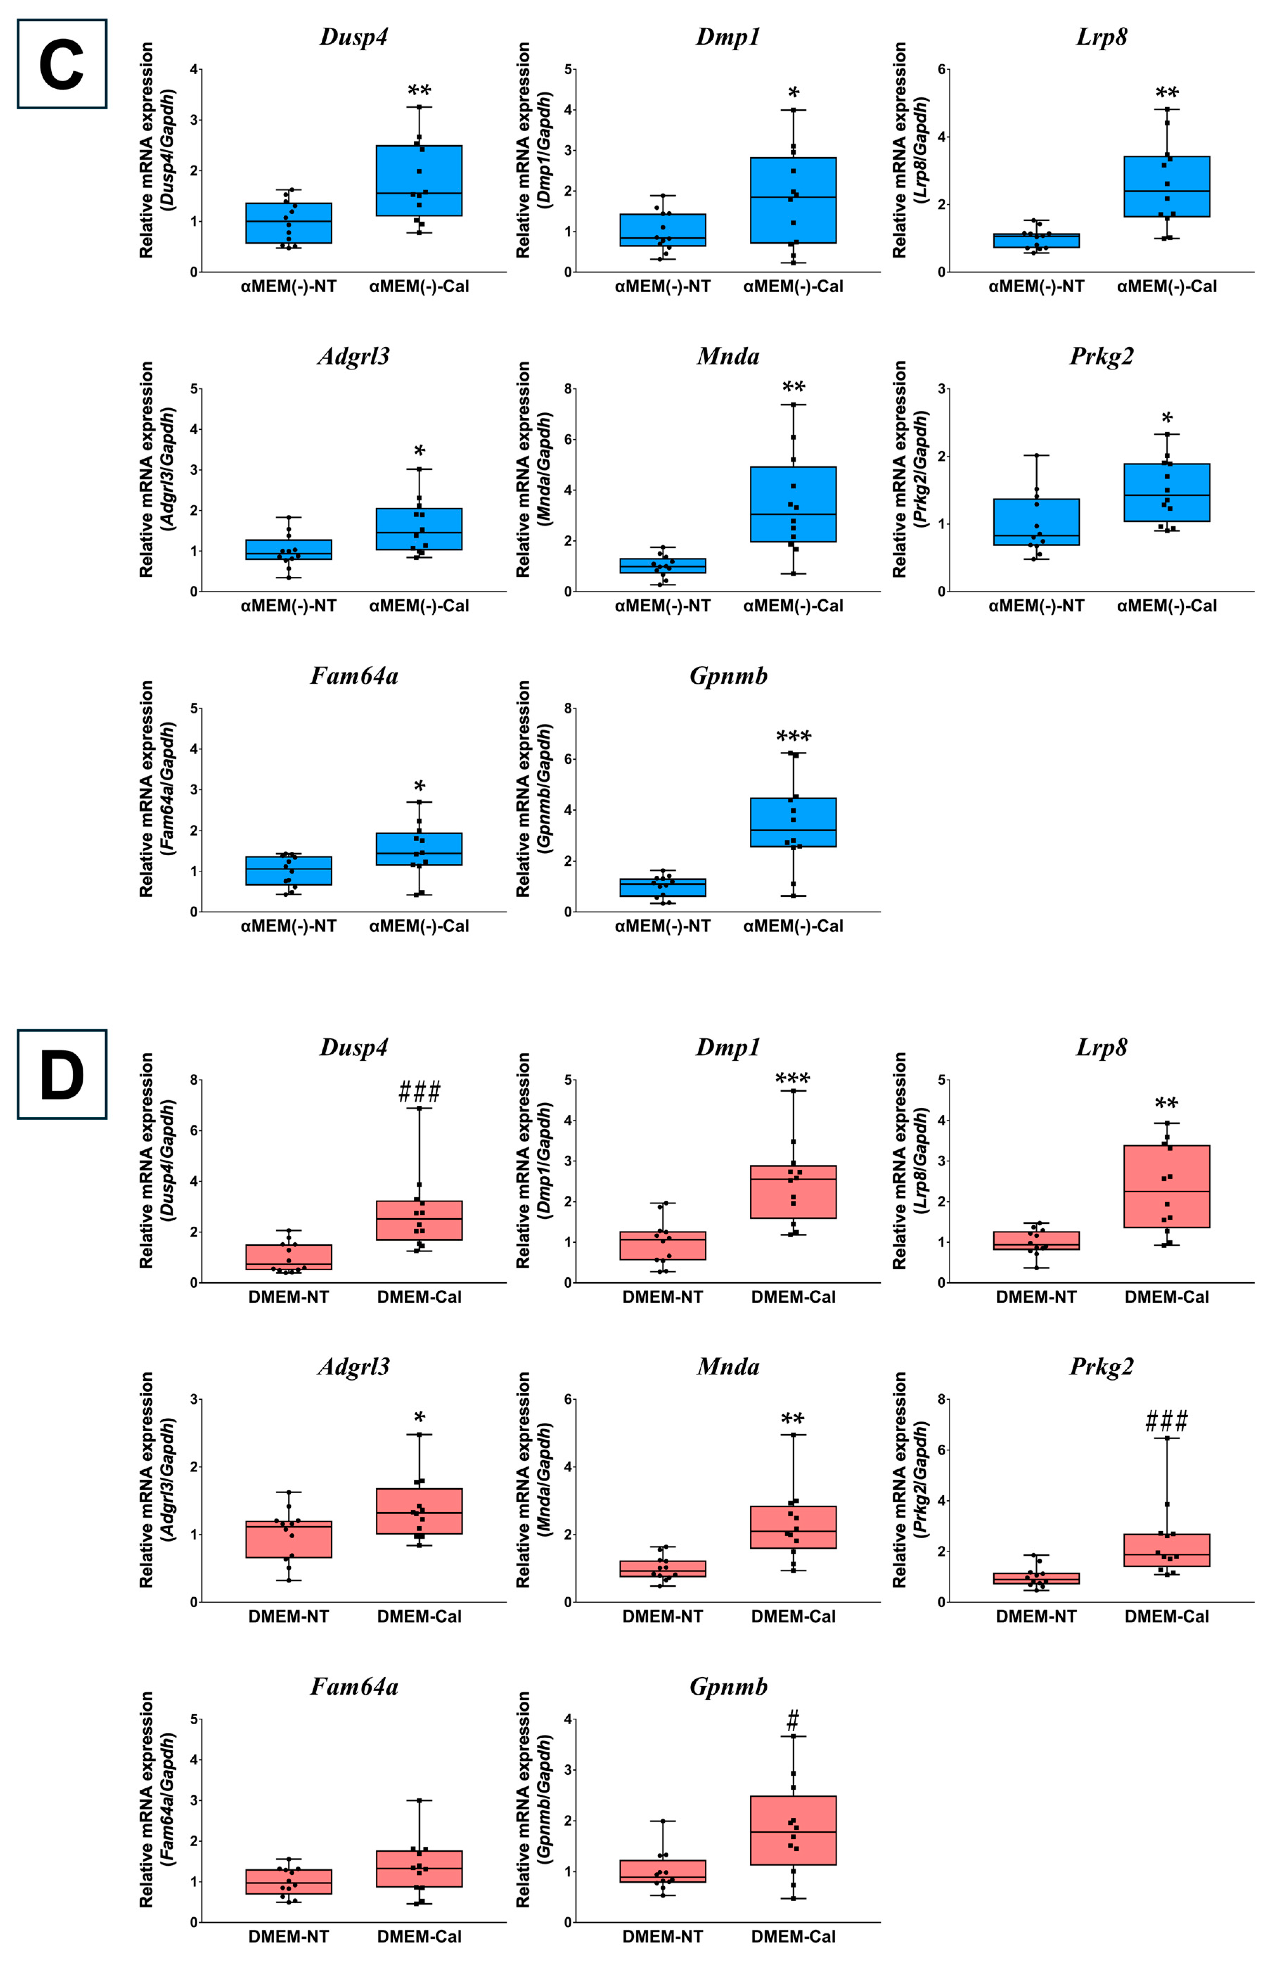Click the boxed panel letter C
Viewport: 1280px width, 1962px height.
[x=62, y=64]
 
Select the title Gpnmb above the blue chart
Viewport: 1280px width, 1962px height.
[x=728, y=676]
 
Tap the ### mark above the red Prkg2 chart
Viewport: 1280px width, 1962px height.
[x=1166, y=1421]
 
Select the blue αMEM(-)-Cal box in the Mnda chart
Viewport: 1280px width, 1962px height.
[x=793, y=505]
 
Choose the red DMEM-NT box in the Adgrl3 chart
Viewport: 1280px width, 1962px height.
[x=289, y=1539]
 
